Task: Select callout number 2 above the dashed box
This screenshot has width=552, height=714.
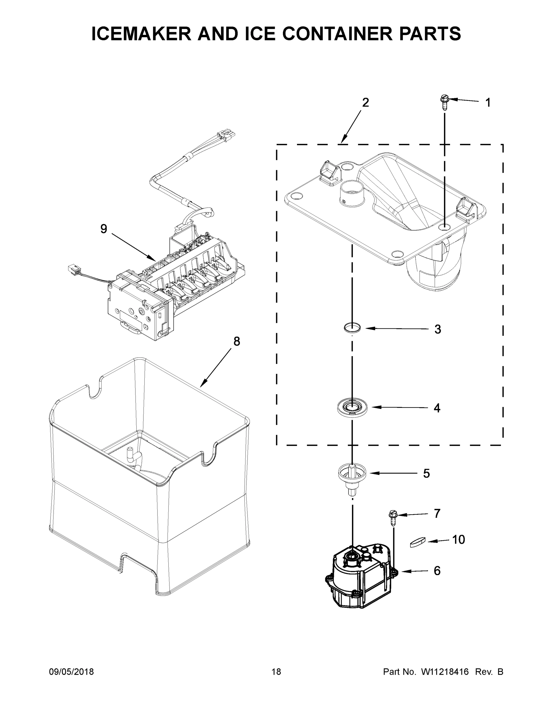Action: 366,102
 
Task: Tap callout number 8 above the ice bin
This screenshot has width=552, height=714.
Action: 237,341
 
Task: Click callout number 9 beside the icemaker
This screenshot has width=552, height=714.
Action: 103,229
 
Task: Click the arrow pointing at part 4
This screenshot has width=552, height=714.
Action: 399,407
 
